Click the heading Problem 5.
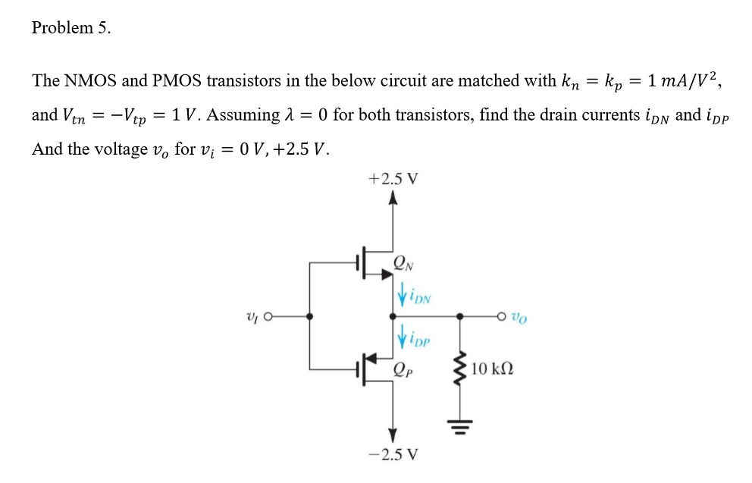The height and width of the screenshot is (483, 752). [x=71, y=28]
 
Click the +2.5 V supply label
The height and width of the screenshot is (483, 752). [x=392, y=180]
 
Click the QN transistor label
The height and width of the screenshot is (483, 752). [x=403, y=263]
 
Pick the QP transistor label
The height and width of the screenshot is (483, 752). [x=403, y=370]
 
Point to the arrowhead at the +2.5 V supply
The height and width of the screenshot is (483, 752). [x=392, y=200]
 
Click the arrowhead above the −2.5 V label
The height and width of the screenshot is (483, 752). [x=392, y=435]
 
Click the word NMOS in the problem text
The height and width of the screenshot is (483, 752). [x=89, y=80]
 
